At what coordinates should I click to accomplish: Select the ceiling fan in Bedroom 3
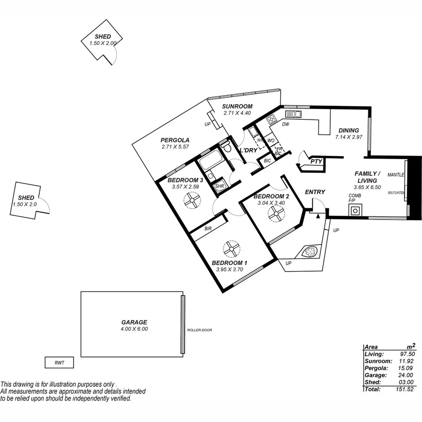point(192,200)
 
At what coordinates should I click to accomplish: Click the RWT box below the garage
point(59,362)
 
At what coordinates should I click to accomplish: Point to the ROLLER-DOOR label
point(199,330)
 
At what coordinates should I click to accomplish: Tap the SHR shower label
point(220,186)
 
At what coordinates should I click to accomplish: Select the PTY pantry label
point(316,161)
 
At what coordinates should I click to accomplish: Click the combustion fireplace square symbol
point(355,210)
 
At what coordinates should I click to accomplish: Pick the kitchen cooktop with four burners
point(272,120)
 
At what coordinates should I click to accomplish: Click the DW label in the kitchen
point(285,124)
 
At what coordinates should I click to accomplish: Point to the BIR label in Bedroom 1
point(208,229)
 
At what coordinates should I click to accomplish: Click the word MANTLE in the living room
point(396,174)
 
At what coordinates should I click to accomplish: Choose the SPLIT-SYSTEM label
point(396,192)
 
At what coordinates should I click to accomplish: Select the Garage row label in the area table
point(375,375)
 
